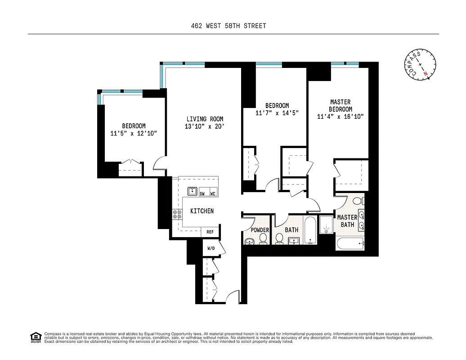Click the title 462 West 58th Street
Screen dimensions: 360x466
[228, 26]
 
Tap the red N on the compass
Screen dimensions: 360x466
[425, 73]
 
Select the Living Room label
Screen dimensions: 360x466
[205, 119]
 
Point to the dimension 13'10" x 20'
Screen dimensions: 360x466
[205, 127]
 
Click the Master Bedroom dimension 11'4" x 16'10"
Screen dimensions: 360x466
[340, 117]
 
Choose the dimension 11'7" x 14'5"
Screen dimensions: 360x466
[277, 113]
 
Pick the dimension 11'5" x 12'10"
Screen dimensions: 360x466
[134, 134]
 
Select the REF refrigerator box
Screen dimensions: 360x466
[210, 232]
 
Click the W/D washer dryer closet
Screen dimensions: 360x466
[211, 248]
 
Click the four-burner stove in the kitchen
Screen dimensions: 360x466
[177, 215]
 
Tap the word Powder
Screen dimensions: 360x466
[260, 230]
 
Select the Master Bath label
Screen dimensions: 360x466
[347, 221]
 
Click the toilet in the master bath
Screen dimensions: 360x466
[358, 201]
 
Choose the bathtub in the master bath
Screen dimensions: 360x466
[350, 244]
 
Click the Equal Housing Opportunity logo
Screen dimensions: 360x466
[35, 336]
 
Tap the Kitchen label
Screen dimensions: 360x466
[202, 211]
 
